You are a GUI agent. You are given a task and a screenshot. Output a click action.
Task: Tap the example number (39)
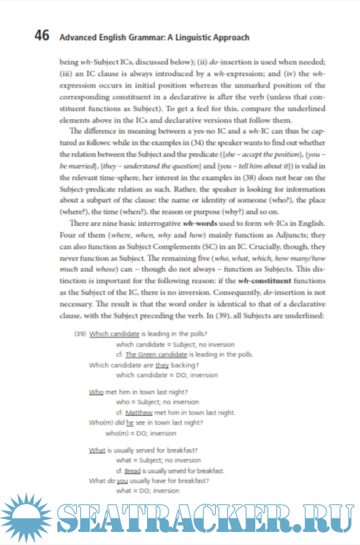[x=80, y=334]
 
